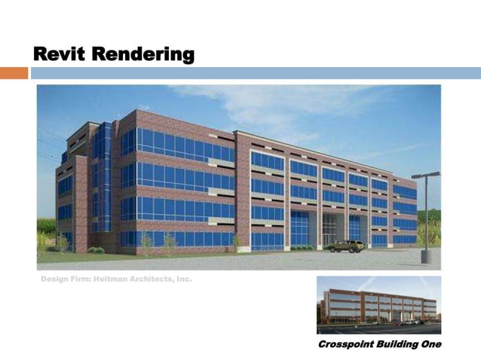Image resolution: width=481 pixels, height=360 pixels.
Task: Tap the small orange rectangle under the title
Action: coord(14,73)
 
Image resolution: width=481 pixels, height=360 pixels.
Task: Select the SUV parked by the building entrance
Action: coord(346,246)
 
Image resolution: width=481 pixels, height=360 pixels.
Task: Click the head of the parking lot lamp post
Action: coord(425,175)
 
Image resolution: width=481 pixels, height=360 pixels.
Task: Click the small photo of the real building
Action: coord(378,304)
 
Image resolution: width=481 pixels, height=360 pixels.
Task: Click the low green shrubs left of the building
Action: coord(96,249)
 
